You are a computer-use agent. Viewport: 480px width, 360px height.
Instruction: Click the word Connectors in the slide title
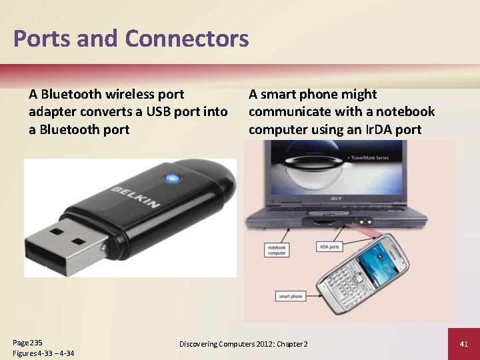click(x=187, y=39)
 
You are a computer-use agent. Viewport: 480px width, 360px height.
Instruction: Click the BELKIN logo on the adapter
click(x=135, y=198)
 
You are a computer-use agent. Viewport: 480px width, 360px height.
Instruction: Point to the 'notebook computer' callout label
click(x=277, y=250)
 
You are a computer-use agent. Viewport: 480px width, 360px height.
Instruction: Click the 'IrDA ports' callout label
click(x=329, y=247)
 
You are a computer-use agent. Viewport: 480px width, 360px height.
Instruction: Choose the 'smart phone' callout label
click(x=290, y=296)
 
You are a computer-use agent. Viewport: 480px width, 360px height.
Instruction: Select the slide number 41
click(x=464, y=344)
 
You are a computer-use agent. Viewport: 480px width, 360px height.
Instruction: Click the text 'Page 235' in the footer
click(x=27, y=342)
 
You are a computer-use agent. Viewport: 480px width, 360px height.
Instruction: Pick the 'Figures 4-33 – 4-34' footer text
click(x=43, y=353)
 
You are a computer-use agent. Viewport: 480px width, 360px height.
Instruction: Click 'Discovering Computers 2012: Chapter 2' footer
click(x=243, y=344)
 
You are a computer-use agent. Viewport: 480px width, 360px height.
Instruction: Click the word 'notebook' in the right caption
click(x=405, y=112)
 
